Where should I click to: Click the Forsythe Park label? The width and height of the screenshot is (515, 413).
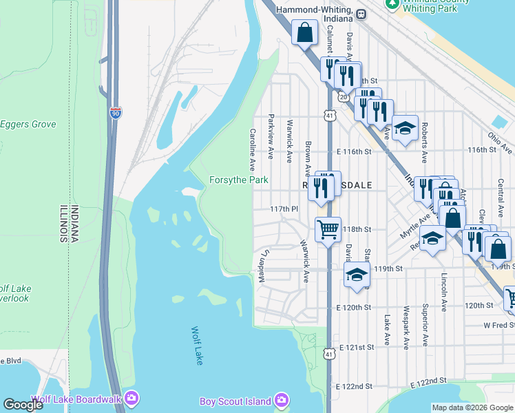pos(238,180)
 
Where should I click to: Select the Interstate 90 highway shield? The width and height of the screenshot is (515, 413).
pos(115,113)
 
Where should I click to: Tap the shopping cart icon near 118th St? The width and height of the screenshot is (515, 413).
pos(328,229)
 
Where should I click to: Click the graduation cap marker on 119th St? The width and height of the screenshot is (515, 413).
pos(355,275)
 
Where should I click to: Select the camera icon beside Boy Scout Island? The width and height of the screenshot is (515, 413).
pos(281,400)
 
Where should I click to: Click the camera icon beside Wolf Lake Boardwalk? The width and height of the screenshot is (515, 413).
pos(132,399)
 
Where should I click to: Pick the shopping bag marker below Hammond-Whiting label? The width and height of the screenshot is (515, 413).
pos(304,32)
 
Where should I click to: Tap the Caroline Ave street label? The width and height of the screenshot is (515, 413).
pos(253,150)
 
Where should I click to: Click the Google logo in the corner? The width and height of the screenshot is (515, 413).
pos(23,405)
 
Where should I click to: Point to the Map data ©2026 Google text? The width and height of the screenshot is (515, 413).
pos(472,407)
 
